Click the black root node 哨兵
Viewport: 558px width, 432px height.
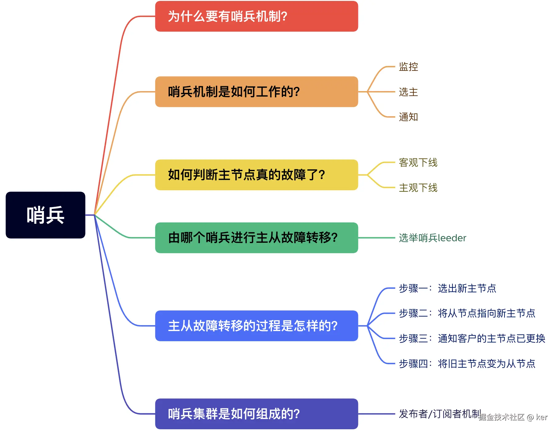tap(45, 215)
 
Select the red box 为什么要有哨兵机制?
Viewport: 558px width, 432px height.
tap(256, 16)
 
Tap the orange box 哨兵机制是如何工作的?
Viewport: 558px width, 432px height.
tap(256, 92)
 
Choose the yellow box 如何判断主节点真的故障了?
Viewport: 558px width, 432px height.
tap(256, 175)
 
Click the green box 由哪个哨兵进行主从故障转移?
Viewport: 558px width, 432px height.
tap(256, 238)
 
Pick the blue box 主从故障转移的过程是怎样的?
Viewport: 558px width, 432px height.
tap(256, 326)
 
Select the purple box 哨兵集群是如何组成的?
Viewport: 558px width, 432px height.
tap(256, 414)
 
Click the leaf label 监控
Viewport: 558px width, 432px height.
tap(408, 66)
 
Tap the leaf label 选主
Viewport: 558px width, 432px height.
tap(408, 92)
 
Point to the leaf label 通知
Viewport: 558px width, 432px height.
tap(408, 117)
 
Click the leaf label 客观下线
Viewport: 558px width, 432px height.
tap(418, 162)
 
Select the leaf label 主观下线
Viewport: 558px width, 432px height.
tap(418, 188)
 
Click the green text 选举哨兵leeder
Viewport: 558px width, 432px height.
tap(432, 238)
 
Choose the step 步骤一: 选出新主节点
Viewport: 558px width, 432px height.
tap(447, 288)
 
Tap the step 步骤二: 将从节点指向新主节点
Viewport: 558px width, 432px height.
tap(467, 313)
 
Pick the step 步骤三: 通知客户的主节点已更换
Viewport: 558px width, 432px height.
tap(472, 338)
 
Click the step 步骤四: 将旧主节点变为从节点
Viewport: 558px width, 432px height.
tap(467, 364)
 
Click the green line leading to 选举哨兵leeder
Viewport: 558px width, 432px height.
tap(377, 238)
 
